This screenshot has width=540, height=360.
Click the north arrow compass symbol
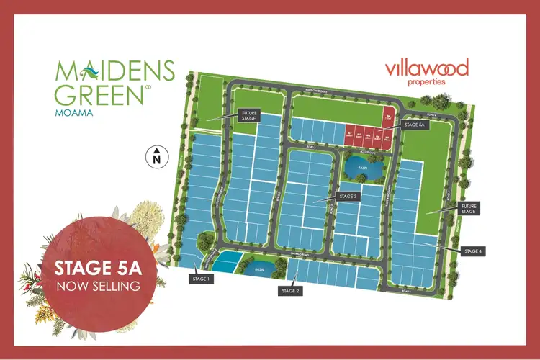[x=156, y=156]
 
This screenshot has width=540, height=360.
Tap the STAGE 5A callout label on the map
[x=416, y=125]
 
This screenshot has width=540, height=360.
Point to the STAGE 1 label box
[x=199, y=278]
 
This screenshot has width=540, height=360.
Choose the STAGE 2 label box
[x=290, y=291]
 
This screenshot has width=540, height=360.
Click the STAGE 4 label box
[x=473, y=251]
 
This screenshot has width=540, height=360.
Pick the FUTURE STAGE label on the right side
[x=469, y=209]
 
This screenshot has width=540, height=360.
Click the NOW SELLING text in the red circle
[x=99, y=286]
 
